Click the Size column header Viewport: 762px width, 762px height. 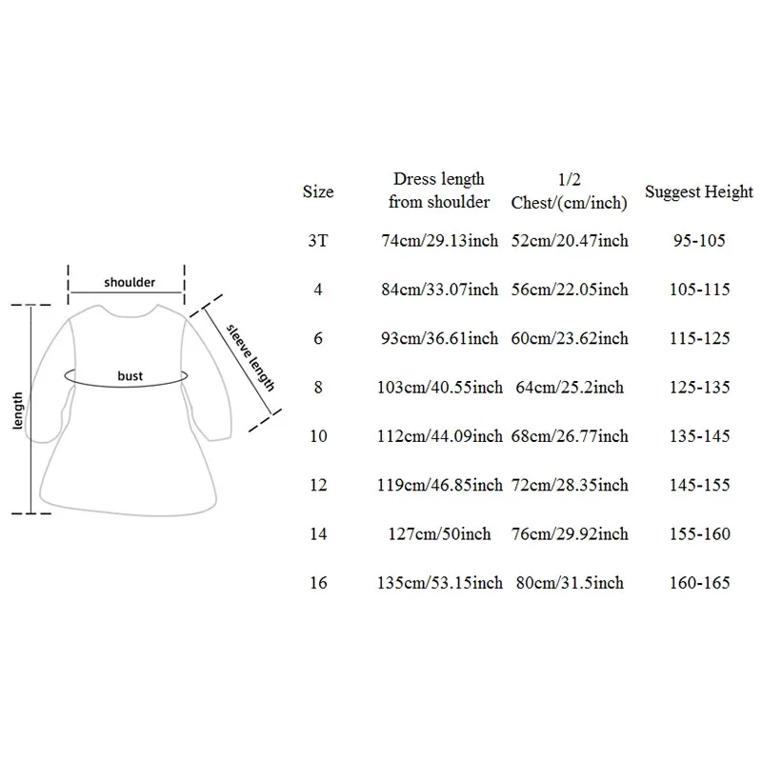tap(318, 191)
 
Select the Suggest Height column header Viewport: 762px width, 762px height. tap(699, 192)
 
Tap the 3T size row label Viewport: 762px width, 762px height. tap(318, 241)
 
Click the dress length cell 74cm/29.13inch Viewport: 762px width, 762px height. tap(439, 241)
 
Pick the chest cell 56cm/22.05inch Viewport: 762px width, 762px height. tap(569, 290)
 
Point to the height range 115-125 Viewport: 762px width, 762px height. tap(699, 338)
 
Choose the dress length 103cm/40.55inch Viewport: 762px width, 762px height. tap(439, 388)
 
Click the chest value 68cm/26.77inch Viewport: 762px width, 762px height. tap(569, 436)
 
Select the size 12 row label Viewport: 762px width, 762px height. tap(318, 485)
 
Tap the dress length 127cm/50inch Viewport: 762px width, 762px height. tap(439, 534)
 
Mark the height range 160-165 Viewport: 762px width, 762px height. tap(699, 583)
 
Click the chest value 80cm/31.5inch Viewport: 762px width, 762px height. tap(569, 583)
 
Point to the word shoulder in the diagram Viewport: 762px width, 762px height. tap(130, 282)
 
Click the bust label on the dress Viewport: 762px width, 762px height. tap(130, 375)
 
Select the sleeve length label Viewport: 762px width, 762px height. tap(251, 358)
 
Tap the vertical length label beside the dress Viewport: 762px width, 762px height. tap(17, 411)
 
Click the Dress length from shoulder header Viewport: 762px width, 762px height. tap(439, 190)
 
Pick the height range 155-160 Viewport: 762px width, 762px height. tap(699, 534)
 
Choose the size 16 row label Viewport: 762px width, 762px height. tap(318, 583)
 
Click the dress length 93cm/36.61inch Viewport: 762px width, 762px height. tap(439, 338)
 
